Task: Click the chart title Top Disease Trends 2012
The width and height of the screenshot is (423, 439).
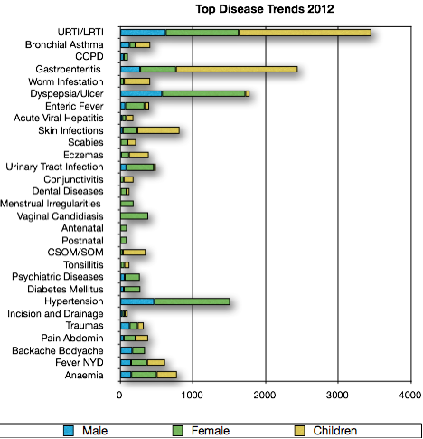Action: pos(265,9)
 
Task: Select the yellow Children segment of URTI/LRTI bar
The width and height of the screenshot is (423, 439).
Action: pos(305,33)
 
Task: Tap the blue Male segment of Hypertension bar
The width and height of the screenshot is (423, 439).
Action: pos(137,301)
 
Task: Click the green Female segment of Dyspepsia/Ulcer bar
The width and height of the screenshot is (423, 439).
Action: pos(203,94)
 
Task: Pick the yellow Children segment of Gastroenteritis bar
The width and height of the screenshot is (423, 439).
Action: pos(237,70)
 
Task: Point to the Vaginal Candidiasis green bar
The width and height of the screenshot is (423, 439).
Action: pos(134,216)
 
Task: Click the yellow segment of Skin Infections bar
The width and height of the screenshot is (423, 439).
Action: pos(158,130)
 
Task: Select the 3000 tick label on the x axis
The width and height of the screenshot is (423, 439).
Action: pos(337,395)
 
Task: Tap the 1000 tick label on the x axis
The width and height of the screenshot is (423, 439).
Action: pos(192,395)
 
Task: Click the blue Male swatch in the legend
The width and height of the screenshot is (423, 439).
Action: pos(69,431)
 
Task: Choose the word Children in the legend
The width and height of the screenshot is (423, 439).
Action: pos(335,431)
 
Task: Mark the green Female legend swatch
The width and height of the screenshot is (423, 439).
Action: pos(177,431)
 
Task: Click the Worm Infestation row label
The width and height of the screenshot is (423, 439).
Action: pos(66,81)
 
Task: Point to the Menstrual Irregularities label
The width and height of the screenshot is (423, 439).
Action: pos(51,204)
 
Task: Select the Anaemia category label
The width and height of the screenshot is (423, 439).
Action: pos(84,375)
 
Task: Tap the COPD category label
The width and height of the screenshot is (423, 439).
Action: pos(89,56)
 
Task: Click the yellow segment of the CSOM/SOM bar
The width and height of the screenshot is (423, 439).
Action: pos(134,253)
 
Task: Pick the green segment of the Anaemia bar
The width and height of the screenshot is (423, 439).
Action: pos(144,375)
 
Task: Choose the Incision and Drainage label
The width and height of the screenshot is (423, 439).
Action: pos(55,314)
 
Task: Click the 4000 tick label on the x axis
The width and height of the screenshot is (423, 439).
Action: pos(410,395)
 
